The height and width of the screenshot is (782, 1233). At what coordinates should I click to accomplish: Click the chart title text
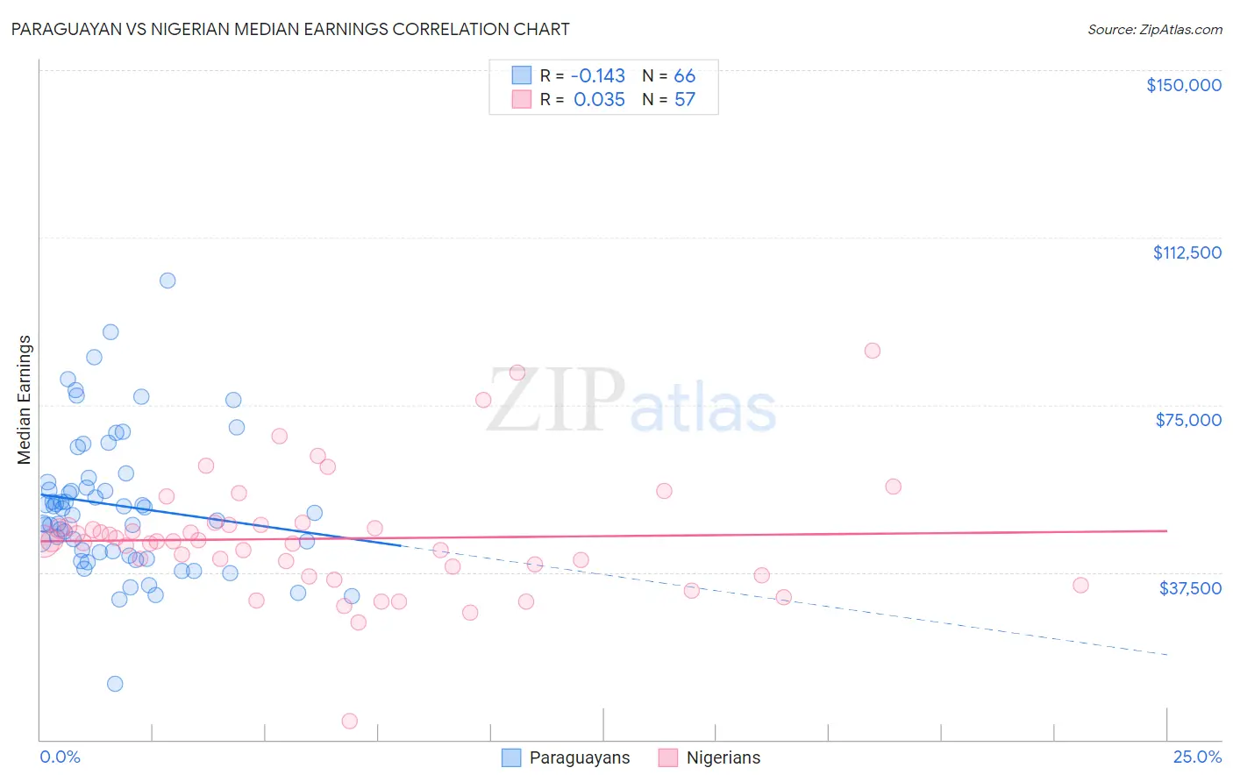pyautogui.click(x=290, y=29)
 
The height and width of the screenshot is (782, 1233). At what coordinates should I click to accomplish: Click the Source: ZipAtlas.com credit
pyautogui.click(x=1154, y=29)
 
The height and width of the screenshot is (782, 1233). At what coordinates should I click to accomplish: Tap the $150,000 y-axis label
pyautogui.click(x=1183, y=85)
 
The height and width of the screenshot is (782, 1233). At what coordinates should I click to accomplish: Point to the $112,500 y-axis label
pyautogui.click(x=1187, y=252)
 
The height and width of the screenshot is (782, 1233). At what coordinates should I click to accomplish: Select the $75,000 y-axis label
pyautogui.click(x=1187, y=420)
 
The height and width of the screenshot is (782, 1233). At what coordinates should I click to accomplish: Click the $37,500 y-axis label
pyautogui.click(x=1189, y=588)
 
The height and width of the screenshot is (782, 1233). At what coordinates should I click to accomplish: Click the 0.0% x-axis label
pyautogui.click(x=60, y=757)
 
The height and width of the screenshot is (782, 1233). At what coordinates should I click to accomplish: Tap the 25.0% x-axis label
pyautogui.click(x=1197, y=757)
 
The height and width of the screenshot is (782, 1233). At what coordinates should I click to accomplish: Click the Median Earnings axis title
pyautogui.click(x=25, y=399)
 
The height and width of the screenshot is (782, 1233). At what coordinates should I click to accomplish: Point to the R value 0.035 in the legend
pyautogui.click(x=599, y=99)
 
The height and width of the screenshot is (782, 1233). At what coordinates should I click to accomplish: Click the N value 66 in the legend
pyautogui.click(x=684, y=75)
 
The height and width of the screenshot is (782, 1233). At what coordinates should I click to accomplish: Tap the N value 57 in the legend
pyautogui.click(x=684, y=99)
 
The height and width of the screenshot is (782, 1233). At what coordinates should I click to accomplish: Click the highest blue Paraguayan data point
pyautogui.click(x=167, y=281)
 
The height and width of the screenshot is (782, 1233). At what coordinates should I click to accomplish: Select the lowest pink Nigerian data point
pyautogui.click(x=349, y=721)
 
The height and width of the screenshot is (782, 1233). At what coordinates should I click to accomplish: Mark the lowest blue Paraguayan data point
pyautogui.click(x=115, y=684)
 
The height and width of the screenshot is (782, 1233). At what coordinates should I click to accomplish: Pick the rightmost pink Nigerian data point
pyautogui.click(x=1080, y=585)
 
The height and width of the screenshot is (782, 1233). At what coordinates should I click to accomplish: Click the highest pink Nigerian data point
pyautogui.click(x=872, y=351)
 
